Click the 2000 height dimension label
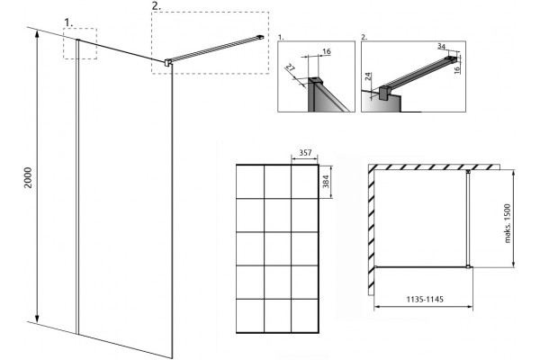28,177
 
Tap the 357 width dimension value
305,153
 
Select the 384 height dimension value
326,181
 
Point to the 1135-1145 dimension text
425,299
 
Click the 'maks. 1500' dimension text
508,223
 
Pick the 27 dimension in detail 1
291,67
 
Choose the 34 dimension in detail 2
441,46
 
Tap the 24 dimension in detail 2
368,76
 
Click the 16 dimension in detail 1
326,51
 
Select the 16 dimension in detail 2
457,69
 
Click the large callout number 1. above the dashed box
68,22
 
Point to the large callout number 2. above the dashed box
156,6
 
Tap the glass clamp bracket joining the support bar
168,62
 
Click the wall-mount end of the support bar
261,37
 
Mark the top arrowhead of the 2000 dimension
37,33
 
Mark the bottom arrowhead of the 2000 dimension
37,319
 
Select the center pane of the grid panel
277,248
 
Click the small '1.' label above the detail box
281,38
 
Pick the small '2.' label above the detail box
364,38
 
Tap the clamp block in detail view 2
384,94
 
